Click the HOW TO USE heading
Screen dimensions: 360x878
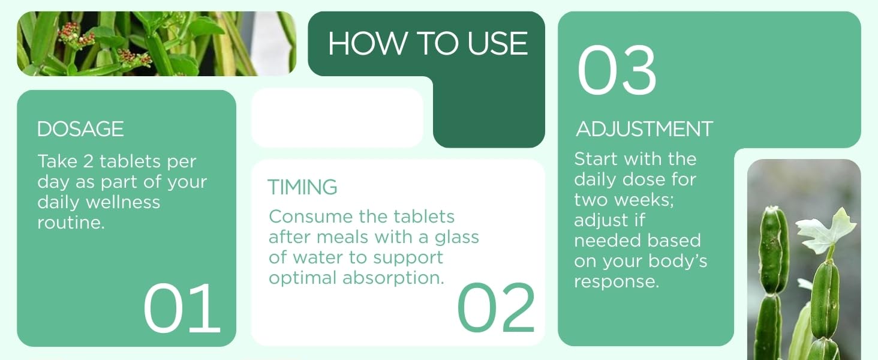click(x=428, y=44)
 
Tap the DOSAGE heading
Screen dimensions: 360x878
click(x=80, y=129)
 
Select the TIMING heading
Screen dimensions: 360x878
click(x=302, y=187)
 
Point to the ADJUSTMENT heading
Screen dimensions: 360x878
click(x=645, y=129)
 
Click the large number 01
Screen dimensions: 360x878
click(x=182, y=308)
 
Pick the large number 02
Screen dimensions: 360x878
click(x=496, y=308)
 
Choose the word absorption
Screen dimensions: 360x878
click(x=393, y=278)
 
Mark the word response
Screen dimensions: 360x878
click(x=617, y=281)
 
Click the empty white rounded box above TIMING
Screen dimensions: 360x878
click(x=337, y=118)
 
